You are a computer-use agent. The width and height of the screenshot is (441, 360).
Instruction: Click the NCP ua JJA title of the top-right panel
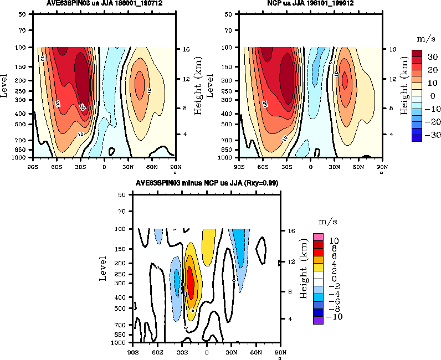(x=311, y=3)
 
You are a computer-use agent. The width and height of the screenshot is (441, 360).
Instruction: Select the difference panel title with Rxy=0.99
(x=207, y=183)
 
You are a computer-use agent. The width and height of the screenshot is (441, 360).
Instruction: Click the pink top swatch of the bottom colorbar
(x=319, y=237)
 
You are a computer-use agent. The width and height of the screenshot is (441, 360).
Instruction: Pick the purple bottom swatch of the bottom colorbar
(x=319, y=320)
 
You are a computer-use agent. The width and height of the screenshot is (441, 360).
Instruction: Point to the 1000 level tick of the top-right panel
(x=227, y=157)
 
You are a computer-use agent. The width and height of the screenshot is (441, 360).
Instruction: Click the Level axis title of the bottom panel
(x=103, y=268)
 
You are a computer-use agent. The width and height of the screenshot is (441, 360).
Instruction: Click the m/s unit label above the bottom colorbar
(x=324, y=222)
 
